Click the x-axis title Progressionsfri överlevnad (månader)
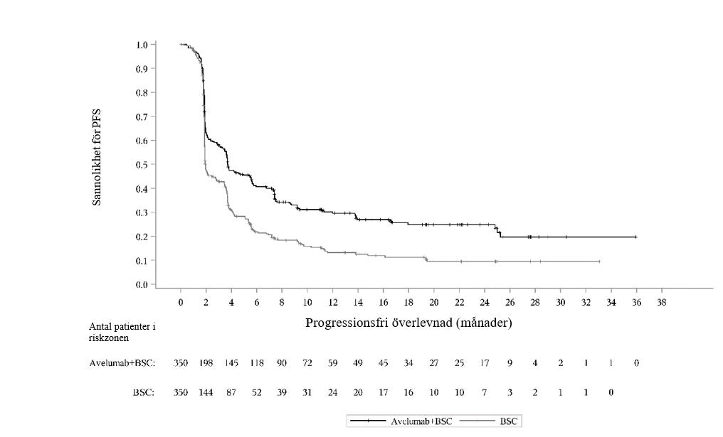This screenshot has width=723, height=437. tap(409, 323)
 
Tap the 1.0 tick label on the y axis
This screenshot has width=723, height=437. tap(142, 45)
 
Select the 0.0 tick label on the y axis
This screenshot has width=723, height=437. tap(142, 284)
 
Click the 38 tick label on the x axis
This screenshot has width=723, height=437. tap(661, 302)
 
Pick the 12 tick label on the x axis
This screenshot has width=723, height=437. tap(332, 302)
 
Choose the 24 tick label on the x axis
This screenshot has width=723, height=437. tap(484, 302)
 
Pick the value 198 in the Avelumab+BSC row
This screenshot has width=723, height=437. tap(206, 363)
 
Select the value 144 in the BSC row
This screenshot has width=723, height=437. tap(206, 392)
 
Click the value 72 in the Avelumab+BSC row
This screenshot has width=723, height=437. tap(307, 363)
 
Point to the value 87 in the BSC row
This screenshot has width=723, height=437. tap(231, 392)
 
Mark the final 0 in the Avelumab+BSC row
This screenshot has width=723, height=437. tap(636, 363)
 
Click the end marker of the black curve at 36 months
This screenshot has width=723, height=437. tap(635, 237)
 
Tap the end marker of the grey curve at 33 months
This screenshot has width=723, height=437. tap(599, 261)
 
